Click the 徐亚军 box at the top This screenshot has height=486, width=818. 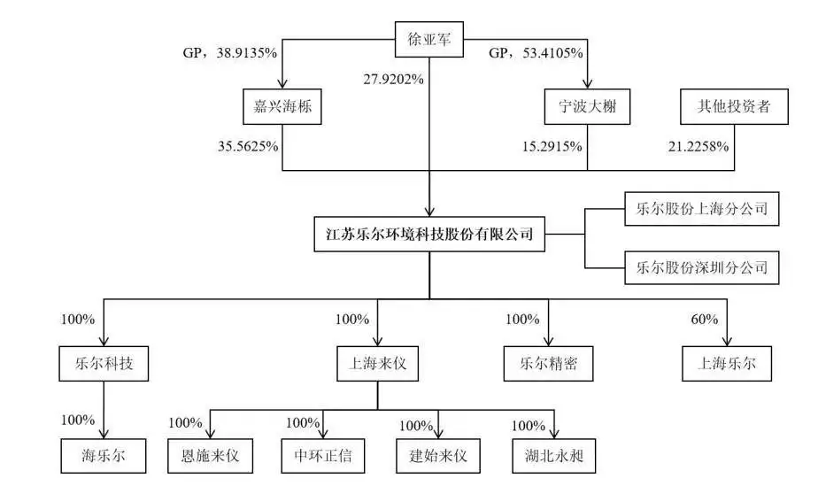tap(428, 39)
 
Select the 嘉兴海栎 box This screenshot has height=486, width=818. tap(282, 106)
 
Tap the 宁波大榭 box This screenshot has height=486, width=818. tap(588, 106)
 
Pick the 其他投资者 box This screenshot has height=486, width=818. tap(734, 106)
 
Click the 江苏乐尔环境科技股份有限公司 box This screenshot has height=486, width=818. tap(429, 234)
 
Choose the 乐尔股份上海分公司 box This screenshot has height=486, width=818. tap(702, 209)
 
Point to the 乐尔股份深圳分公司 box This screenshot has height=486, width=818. tap(702, 267)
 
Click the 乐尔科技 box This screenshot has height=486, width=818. tap(104, 364)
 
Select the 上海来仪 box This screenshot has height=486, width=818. tap(378, 364)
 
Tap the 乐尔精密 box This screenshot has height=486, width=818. tap(548, 364)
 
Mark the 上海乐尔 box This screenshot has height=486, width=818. tap(727, 364)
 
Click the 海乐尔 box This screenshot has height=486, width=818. tap(104, 456)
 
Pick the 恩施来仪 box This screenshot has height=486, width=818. tap(210, 456)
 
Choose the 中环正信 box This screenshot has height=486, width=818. tap(323, 456)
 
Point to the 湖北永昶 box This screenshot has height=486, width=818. tap(553, 456)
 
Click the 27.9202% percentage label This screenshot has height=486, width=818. tap(393, 80)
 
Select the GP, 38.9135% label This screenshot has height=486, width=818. tap(229, 52)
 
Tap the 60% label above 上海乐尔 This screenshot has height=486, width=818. tap(705, 320)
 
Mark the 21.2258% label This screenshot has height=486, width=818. tap(698, 147)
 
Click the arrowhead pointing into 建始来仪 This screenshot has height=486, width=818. tap(438, 434)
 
